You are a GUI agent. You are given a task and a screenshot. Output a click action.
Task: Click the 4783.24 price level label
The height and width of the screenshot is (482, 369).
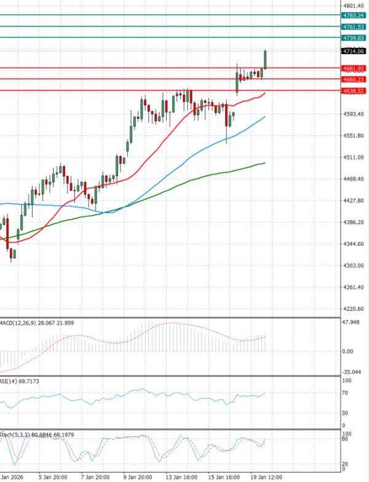pyautogui.click(x=354, y=15)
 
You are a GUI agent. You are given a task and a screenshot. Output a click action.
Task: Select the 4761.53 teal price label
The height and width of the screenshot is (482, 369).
pyautogui.click(x=354, y=27)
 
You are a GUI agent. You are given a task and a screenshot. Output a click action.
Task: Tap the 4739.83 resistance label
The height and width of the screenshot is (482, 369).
pyautogui.click(x=354, y=38)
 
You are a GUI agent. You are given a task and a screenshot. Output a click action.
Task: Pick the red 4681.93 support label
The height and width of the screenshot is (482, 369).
pyautogui.click(x=354, y=68)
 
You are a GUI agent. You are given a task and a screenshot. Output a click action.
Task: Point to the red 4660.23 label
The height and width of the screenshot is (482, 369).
pyautogui.click(x=354, y=79)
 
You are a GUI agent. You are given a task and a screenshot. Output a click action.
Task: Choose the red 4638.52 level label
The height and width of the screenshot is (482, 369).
pyautogui.click(x=354, y=91)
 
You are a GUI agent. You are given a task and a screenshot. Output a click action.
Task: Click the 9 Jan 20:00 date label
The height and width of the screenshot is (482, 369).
pyautogui.click(x=137, y=476)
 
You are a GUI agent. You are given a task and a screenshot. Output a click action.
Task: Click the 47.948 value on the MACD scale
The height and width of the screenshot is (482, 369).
pyautogui.click(x=352, y=322)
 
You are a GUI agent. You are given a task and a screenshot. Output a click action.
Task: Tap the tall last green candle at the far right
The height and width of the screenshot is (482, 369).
pyautogui.click(x=265, y=59)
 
